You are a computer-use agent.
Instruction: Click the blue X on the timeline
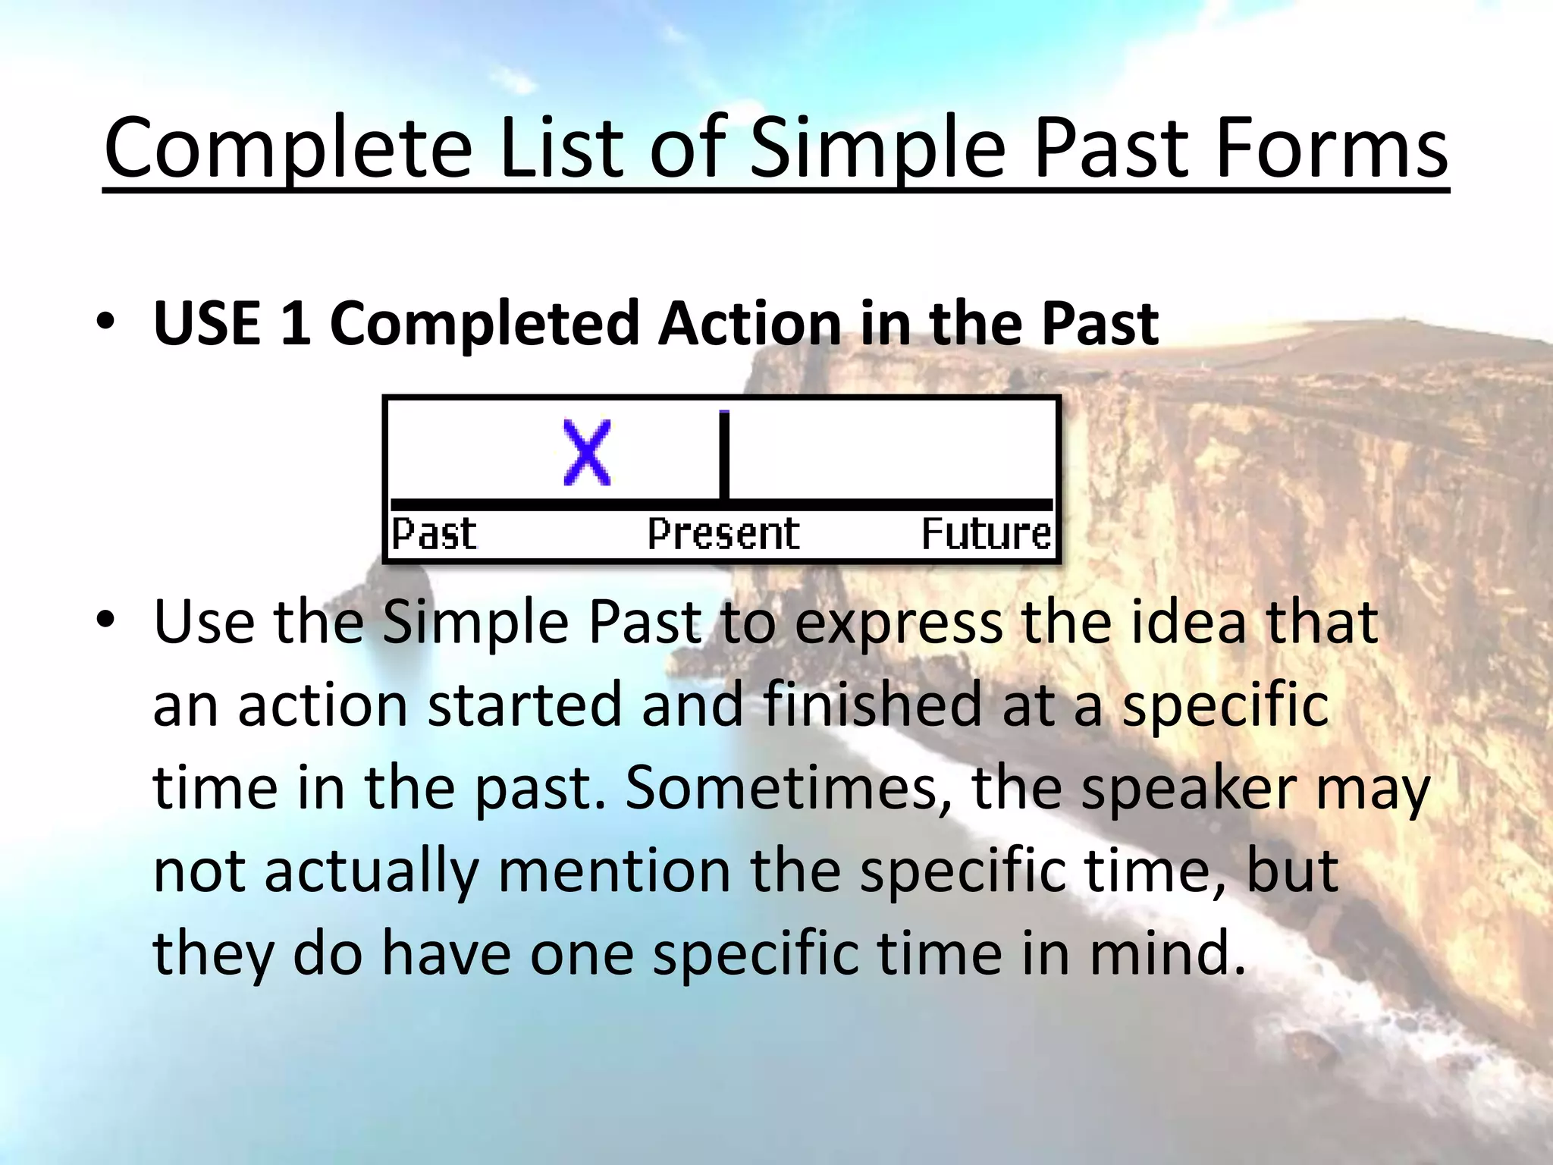pyautogui.click(x=587, y=453)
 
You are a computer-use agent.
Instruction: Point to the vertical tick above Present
pyautogui.click(x=724, y=455)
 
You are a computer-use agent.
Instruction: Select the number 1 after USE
pyautogui.click(x=295, y=323)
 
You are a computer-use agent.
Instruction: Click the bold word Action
pyautogui.click(x=749, y=323)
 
